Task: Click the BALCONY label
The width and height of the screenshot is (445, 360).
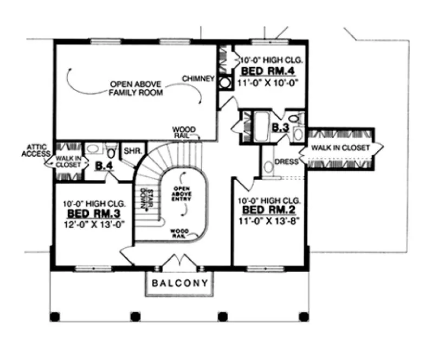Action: pyautogui.click(x=179, y=283)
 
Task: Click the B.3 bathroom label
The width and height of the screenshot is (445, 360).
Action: pyautogui.click(x=280, y=128)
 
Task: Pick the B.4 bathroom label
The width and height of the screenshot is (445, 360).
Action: pyautogui.click(x=104, y=165)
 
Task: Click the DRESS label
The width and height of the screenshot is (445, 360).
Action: pyautogui.click(x=287, y=162)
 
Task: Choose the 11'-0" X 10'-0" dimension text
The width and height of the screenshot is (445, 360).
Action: pyautogui.click(x=269, y=82)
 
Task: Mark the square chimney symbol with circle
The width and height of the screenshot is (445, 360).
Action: pyautogui.click(x=224, y=83)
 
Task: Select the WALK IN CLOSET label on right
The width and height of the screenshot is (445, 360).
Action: pyautogui.click(x=340, y=148)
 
